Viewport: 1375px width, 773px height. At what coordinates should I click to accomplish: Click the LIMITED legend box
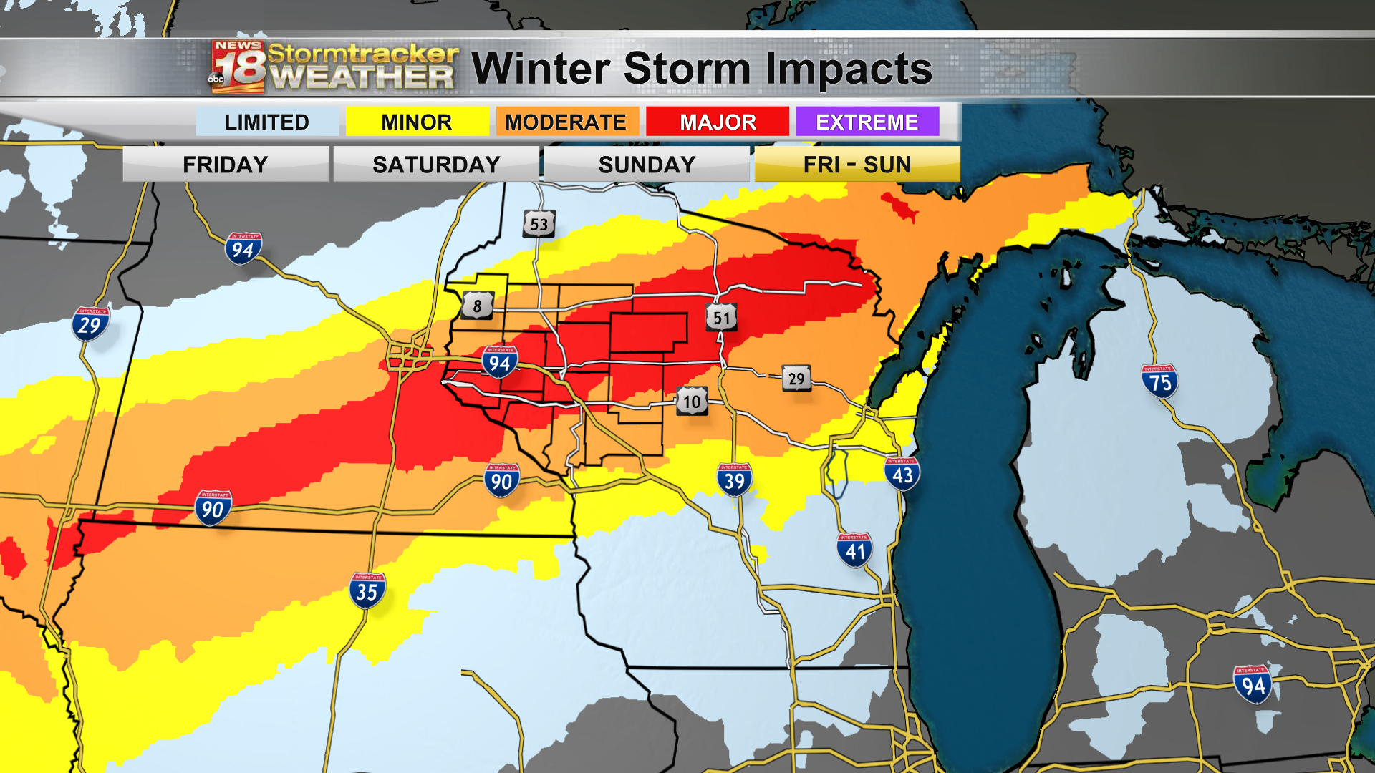(266, 122)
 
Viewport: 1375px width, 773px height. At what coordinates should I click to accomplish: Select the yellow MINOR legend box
(417, 122)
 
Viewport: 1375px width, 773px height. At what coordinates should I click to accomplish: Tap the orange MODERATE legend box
(566, 122)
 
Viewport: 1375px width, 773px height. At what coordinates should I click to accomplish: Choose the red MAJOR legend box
(718, 122)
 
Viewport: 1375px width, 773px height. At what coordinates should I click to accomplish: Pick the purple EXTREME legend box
(867, 122)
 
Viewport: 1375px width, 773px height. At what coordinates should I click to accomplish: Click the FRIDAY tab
(225, 165)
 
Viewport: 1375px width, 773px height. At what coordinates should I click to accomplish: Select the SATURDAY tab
(436, 165)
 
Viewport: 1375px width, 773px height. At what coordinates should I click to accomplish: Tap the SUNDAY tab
(647, 165)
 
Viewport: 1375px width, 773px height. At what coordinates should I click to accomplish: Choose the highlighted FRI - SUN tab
(857, 165)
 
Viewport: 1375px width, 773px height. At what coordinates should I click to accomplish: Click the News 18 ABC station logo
(238, 67)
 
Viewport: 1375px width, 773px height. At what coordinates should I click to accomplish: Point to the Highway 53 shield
(539, 224)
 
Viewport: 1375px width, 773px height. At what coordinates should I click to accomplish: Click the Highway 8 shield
(478, 306)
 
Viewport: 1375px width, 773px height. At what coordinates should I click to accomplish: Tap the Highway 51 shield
(721, 318)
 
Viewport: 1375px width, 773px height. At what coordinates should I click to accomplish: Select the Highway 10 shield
(692, 402)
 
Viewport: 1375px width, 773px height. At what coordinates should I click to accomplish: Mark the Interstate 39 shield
(734, 480)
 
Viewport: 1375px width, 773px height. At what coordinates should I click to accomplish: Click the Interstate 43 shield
(902, 474)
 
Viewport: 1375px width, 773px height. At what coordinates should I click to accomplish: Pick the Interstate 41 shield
(854, 550)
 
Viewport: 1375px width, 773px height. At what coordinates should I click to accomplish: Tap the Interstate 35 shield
(367, 590)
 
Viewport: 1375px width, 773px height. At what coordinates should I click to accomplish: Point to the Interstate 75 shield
(1159, 381)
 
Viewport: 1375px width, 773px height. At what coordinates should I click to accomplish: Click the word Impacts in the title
(849, 69)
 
